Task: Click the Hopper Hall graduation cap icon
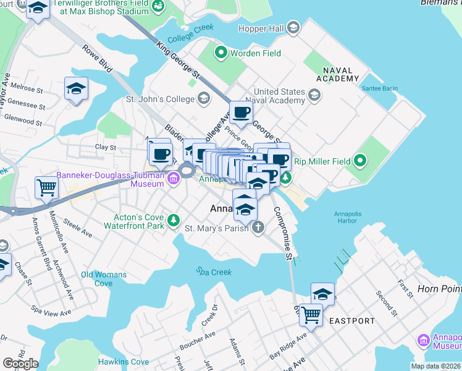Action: (x=293, y=28)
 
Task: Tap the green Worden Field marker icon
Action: (x=220, y=54)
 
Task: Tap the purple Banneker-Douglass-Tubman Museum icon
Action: (x=174, y=180)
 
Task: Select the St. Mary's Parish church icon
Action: (x=258, y=228)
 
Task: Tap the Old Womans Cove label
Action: (x=104, y=279)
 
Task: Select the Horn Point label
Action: (x=439, y=289)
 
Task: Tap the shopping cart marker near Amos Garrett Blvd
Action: (x=47, y=187)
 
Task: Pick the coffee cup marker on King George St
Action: (x=241, y=113)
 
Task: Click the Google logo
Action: (x=20, y=364)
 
